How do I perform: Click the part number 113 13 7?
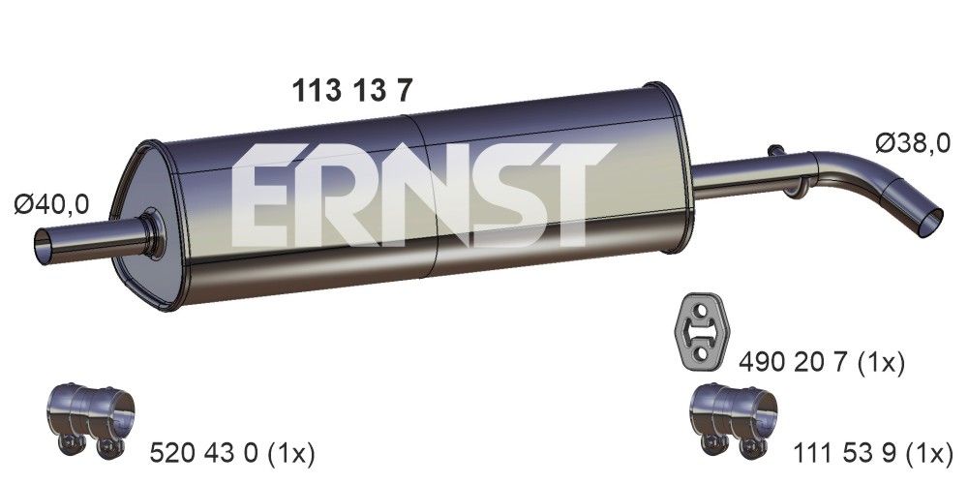[353, 90]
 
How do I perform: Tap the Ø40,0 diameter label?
[52, 203]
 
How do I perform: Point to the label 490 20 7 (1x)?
[822, 363]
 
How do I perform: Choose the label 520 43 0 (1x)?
[233, 452]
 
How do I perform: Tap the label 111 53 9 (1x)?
[875, 452]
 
